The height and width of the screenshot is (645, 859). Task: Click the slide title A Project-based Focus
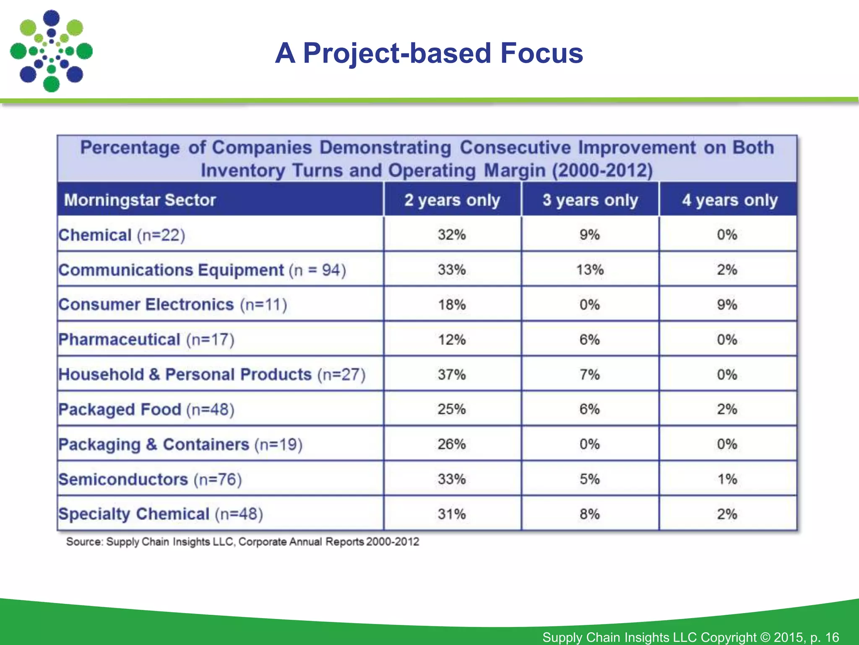click(x=429, y=53)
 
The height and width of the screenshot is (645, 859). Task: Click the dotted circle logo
click(x=51, y=51)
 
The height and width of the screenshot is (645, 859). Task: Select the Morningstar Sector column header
click(x=140, y=200)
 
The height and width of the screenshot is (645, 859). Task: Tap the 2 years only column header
click(x=452, y=200)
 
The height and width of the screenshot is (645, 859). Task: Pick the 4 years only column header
click(x=729, y=200)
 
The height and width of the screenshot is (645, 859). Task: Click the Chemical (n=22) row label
click(x=122, y=235)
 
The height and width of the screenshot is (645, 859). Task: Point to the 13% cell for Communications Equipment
click(x=590, y=270)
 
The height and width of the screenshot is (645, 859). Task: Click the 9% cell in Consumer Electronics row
click(x=727, y=304)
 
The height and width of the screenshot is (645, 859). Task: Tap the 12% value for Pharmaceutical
click(x=452, y=339)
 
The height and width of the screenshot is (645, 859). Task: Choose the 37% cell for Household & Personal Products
click(x=452, y=374)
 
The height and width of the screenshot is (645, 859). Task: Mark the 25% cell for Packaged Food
click(x=452, y=409)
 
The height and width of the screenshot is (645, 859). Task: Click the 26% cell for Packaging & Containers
click(x=452, y=444)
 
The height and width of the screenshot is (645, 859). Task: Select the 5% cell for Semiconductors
click(x=590, y=479)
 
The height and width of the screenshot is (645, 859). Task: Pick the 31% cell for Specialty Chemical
click(x=452, y=514)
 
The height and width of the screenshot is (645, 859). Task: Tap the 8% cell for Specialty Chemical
click(x=590, y=514)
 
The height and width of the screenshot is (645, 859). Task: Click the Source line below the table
click(x=242, y=542)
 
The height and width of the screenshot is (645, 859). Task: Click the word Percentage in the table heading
click(x=130, y=148)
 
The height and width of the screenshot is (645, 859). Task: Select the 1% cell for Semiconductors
click(x=727, y=479)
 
